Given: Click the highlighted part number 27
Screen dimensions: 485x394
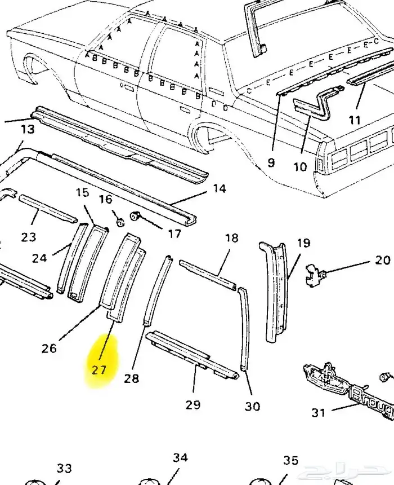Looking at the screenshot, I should pyautogui.click(x=99, y=370).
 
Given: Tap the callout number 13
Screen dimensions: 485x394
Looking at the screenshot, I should pyautogui.click(x=28, y=129).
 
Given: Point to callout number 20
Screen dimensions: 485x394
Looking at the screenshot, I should pyautogui.click(x=382, y=260).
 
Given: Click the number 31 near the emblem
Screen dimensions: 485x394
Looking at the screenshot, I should pyautogui.click(x=319, y=413).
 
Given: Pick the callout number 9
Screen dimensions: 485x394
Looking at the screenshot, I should pyautogui.click(x=271, y=162).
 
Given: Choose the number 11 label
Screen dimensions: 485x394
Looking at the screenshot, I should pyautogui.click(x=354, y=120).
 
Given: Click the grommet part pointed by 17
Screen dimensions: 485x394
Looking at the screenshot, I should pyautogui.click(x=135, y=216).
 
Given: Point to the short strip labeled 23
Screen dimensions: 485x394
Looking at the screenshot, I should pyautogui.click(x=48, y=209).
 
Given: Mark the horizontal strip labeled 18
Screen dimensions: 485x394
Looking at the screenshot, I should pyautogui.click(x=207, y=275).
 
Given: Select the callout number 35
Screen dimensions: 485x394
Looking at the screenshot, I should pyautogui.click(x=290, y=461).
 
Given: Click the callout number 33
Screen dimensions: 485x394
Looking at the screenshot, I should pyautogui.click(x=64, y=469).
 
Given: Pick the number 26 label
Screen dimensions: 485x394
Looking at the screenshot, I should pyautogui.click(x=49, y=347).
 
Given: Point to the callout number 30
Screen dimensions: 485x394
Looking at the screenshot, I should pyautogui.click(x=253, y=406).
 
